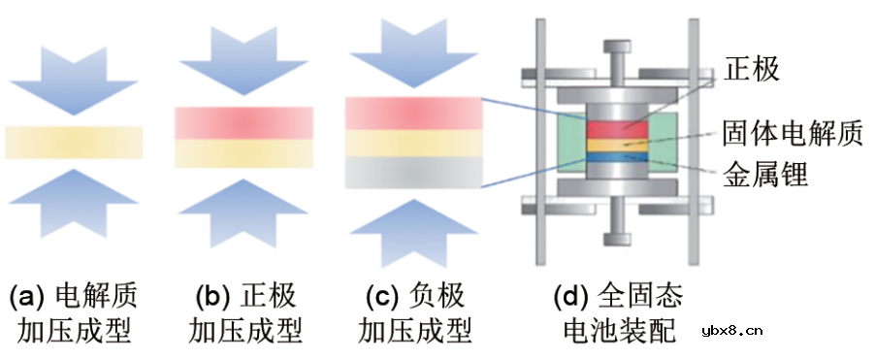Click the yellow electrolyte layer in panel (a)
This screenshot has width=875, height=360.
pos(74,142)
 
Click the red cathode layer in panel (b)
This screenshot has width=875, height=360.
pos(243,123)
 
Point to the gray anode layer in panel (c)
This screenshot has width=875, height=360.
pos(413,173)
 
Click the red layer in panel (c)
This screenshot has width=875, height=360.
pos(413,112)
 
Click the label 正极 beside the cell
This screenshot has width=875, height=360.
pos(752,69)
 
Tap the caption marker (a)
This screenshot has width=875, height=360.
pos(28,295)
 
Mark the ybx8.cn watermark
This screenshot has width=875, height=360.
pos(731,331)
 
